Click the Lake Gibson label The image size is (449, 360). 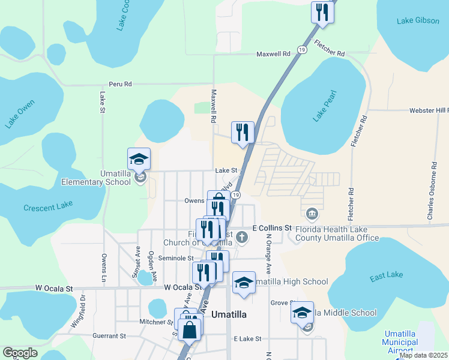coord(418,21)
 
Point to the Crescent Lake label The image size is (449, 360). coord(48,206)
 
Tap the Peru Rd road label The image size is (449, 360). coord(120,85)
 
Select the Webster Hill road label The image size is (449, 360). coord(429,111)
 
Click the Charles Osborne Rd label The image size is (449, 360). coord(431,191)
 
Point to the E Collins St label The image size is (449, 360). coord(271,229)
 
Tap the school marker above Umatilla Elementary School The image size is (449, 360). coord(139,160)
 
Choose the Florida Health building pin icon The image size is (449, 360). coord(312,214)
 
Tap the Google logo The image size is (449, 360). coord(20,353)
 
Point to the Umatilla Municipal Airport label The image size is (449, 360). coord(400,342)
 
